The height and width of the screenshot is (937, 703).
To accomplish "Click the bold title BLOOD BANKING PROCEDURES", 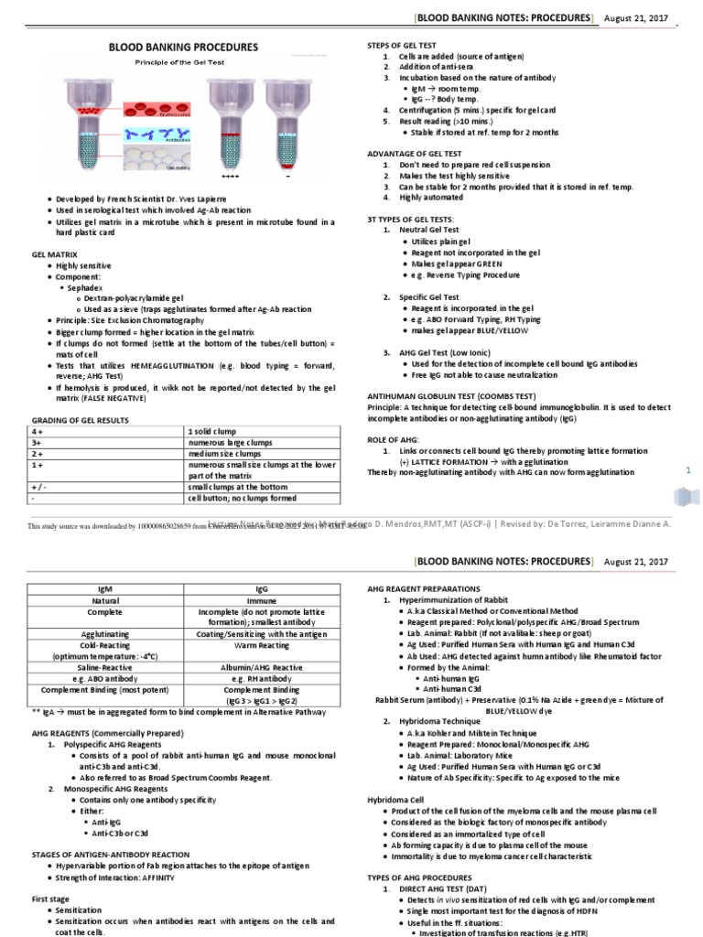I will coord(183,48).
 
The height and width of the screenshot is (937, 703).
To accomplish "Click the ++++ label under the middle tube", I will coord(230,175).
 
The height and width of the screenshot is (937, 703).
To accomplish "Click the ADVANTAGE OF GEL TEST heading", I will coord(414,153).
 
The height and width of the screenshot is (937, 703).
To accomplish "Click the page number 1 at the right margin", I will coord(687,469).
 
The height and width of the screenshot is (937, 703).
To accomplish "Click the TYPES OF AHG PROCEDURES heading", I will coord(419,878).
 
